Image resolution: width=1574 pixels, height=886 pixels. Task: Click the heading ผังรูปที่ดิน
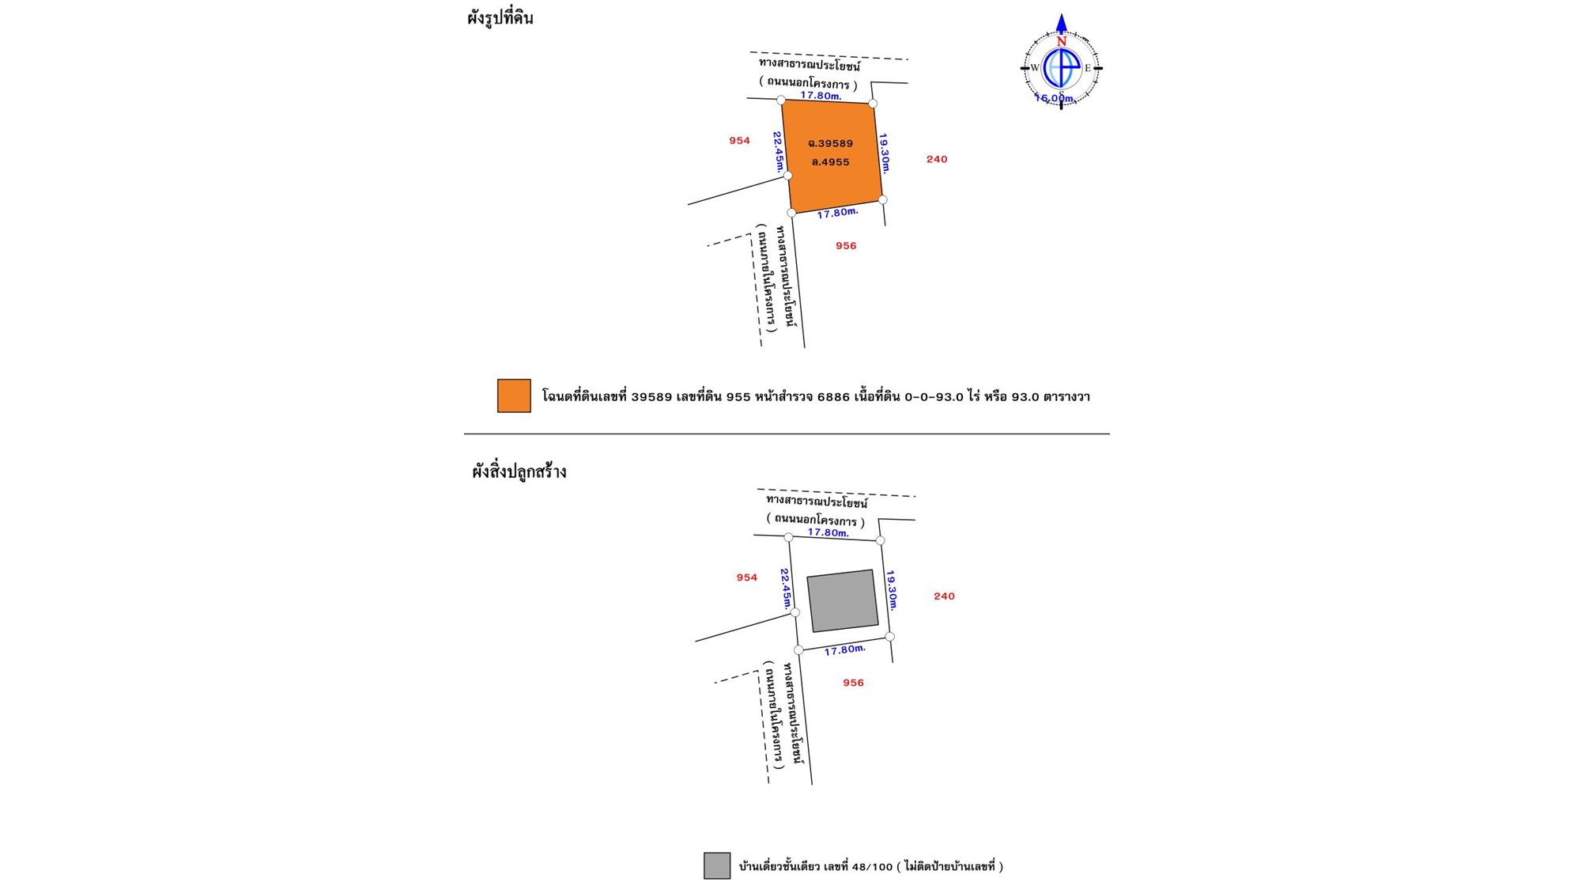(500, 18)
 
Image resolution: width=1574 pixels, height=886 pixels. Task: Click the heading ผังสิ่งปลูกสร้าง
(519, 472)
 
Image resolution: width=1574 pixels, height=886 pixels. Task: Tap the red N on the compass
(1061, 41)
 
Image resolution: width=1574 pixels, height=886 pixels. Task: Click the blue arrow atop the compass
(1061, 24)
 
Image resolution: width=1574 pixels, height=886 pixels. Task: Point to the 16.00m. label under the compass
(1055, 98)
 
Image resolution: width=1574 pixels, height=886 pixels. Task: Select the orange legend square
(514, 396)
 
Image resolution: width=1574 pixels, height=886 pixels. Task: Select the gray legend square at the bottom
(716, 865)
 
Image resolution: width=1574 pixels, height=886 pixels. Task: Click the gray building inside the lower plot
(842, 600)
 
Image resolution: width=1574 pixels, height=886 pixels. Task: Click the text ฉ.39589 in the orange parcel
(830, 143)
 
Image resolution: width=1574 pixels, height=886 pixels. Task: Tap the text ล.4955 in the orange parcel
(830, 162)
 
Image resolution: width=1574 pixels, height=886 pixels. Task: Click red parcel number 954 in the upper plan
(739, 141)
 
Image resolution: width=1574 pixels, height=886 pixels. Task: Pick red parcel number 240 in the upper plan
(937, 159)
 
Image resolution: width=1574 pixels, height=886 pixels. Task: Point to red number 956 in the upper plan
(846, 246)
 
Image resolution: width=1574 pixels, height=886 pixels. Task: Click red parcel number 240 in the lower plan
(944, 596)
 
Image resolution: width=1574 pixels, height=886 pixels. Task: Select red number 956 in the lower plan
(853, 683)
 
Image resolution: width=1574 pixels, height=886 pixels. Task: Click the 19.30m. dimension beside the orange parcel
(885, 153)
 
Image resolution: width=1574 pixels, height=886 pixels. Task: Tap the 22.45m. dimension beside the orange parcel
(779, 151)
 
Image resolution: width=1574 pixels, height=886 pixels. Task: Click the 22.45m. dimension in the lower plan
(786, 588)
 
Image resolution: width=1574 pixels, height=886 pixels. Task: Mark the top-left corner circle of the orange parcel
(781, 100)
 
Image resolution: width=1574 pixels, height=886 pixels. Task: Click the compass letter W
(1035, 68)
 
